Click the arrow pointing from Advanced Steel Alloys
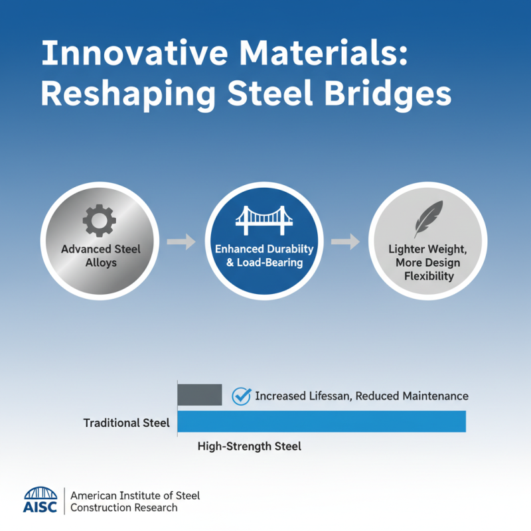[x=181, y=242]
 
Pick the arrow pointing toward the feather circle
[x=345, y=242]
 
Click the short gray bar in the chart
[x=199, y=394]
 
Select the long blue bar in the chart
[x=322, y=421]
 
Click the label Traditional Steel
[x=126, y=423]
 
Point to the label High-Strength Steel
[x=250, y=447]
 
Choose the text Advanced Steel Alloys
[x=101, y=256]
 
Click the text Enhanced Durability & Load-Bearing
[x=264, y=256]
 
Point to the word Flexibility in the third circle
[x=428, y=275]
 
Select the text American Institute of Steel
[x=135, y=496]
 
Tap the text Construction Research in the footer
[x=124, y=508]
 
